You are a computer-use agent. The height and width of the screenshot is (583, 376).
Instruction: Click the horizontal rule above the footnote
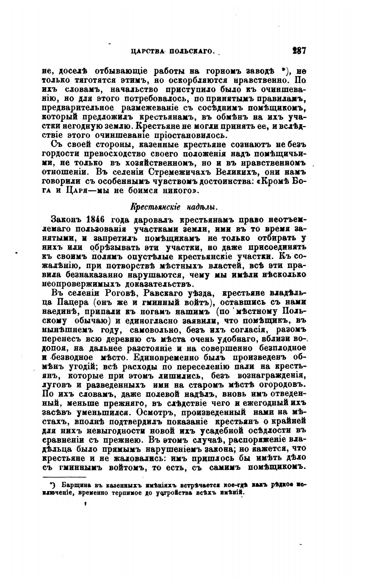click(64, 477)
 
